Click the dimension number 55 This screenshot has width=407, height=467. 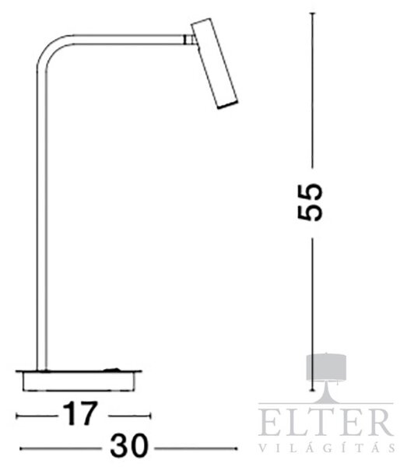(x=310, y=202)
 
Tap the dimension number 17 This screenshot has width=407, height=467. (x=80, y=414)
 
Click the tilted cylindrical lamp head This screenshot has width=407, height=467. (x=214, y=64)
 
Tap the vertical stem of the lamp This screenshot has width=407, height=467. (x=42, y=220)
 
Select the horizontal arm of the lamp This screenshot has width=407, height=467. (x=128, y=40)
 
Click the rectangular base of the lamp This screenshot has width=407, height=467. (x=79, y=381)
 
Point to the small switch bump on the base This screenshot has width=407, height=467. (x=112, y=370)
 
